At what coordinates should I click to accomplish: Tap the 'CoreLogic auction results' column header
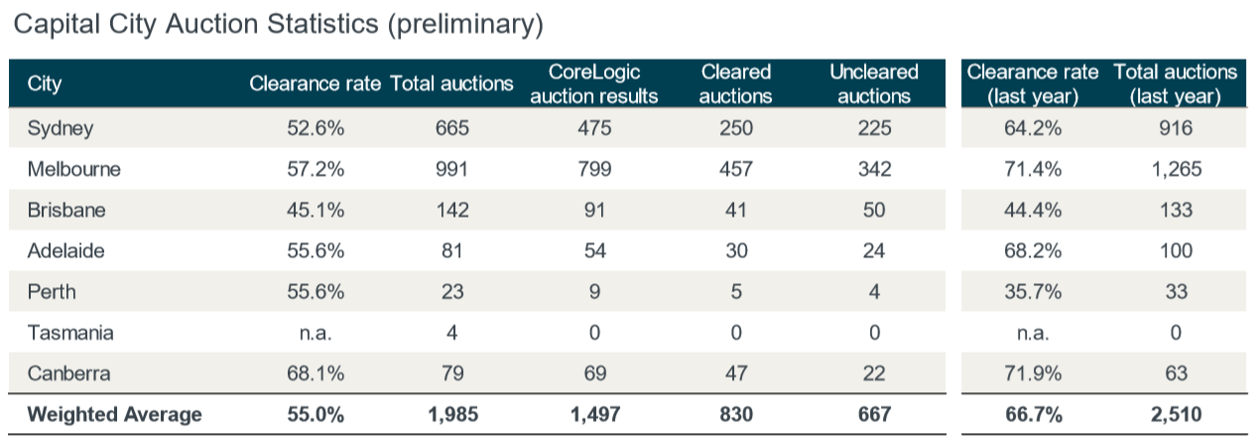tap(594, 84)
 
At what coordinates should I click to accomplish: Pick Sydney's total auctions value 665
tap(452, 128)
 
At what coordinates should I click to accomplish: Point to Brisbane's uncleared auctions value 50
tap(874, 211)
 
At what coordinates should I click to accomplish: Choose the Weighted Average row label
tap(114, 414)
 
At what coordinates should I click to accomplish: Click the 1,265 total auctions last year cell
tap(1176, 169)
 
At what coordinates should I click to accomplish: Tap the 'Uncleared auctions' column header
tap(874, 84)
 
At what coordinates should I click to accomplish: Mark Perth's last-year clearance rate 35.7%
tap(1033, 292)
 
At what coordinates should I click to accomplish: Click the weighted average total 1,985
tap(452, 414)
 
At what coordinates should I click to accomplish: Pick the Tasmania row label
tap(70, 333)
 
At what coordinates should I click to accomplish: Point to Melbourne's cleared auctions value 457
tap(736, 169)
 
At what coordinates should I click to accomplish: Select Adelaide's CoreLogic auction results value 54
tap(594, 251)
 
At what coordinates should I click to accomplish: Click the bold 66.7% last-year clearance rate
tap(1033, 414)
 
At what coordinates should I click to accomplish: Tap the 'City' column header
tap(45, 84)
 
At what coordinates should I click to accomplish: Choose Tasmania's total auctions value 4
tap(452, 333)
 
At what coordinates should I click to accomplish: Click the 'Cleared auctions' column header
tap(736, 84)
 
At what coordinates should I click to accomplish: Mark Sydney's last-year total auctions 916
tap(1176, 128)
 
